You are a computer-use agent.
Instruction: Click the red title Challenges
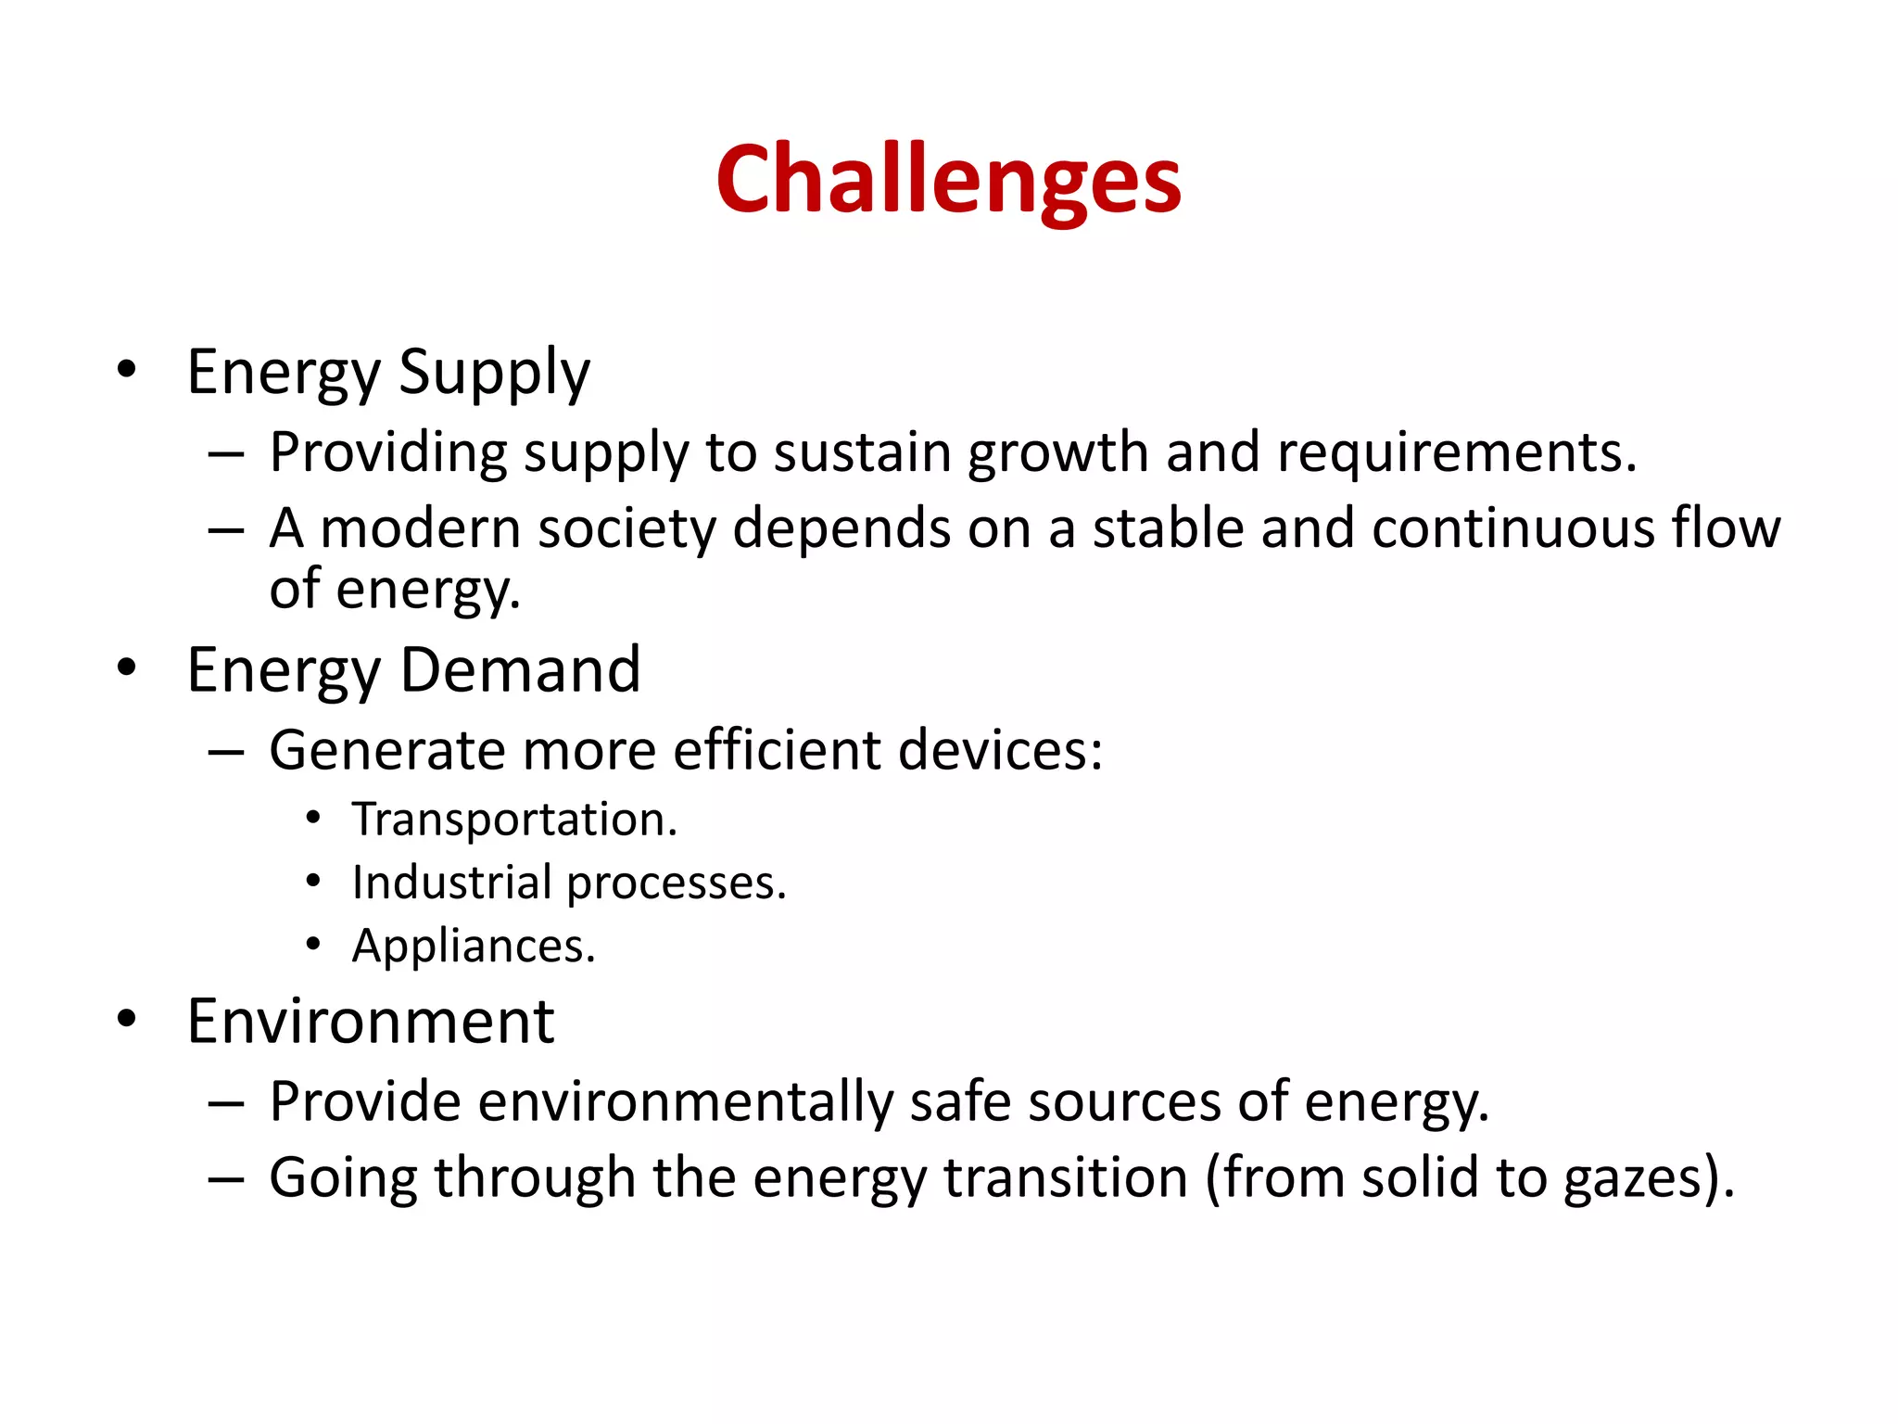point(948,180)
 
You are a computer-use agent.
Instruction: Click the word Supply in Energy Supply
point(494,374)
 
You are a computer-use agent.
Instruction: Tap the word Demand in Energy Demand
point(520,670)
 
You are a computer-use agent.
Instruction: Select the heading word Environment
point(370,1023)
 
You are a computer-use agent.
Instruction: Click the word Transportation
point(514,820)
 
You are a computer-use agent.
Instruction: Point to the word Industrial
point(451,883)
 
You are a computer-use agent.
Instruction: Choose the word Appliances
point(473,947)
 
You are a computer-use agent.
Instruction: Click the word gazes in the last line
point(1635,1179)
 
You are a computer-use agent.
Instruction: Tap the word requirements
point(1456,453)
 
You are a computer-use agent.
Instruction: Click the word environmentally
point(685,1103)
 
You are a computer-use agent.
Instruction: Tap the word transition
point(1066,1178)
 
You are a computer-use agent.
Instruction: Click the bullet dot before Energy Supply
point(127,370)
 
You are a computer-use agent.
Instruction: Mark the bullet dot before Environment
point(127,1019)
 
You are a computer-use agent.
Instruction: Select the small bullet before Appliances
point(313,945)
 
